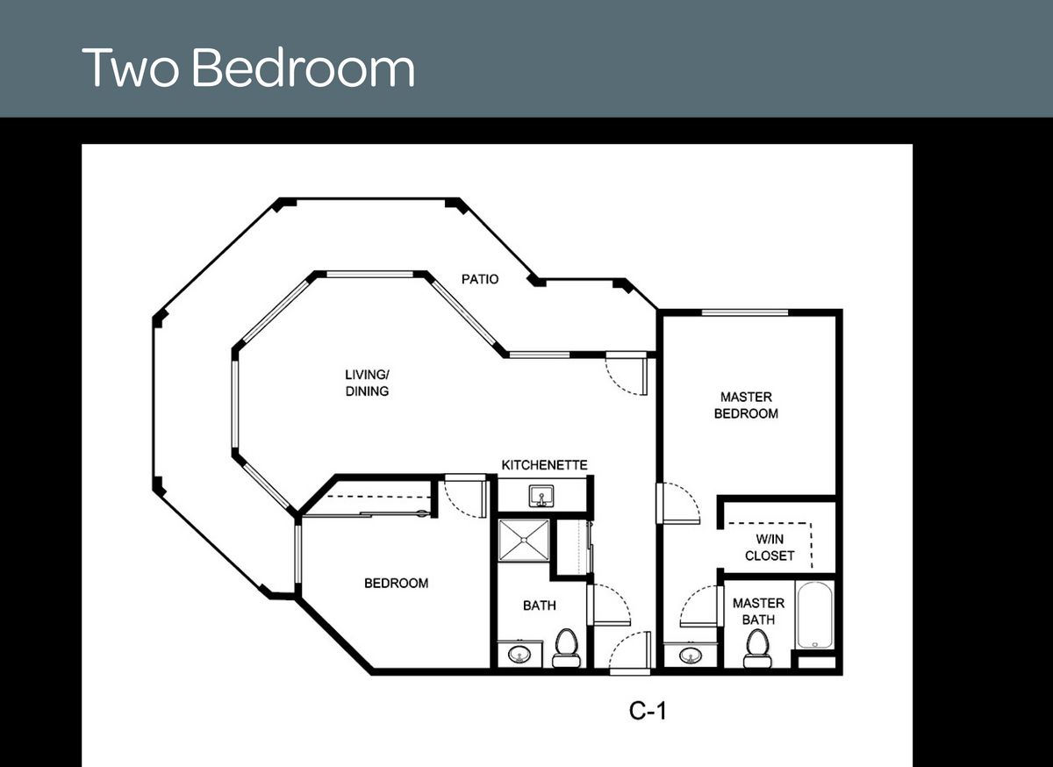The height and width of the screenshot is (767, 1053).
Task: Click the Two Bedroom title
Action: (x=248, y=68)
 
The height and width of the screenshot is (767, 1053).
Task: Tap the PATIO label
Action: (x=480, y=279)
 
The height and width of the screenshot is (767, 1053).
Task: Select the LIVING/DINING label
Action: (x=367, y=383)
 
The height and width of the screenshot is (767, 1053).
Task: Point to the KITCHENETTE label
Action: (x=544, y=464)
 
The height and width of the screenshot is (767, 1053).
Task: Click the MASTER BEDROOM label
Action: (x=746, y=405)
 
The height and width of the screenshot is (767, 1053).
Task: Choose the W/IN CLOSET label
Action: (x=770, y=548)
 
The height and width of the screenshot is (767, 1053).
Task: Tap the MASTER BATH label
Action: (x=758, y=611)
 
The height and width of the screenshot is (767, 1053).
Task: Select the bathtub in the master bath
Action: (x=815, y=615)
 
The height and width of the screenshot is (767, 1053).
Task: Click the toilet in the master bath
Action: (x=757, y=648)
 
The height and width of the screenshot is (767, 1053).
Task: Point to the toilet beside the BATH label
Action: (x=566, y=648)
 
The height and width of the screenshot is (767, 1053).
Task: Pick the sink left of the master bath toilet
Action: (x=690, y=655)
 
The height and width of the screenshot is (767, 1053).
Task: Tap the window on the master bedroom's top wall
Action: (x=744, y=312)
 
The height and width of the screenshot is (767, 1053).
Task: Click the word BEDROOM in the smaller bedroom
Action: (x=397, y=584)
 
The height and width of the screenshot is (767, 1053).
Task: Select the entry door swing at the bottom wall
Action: (x=628, y=651)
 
